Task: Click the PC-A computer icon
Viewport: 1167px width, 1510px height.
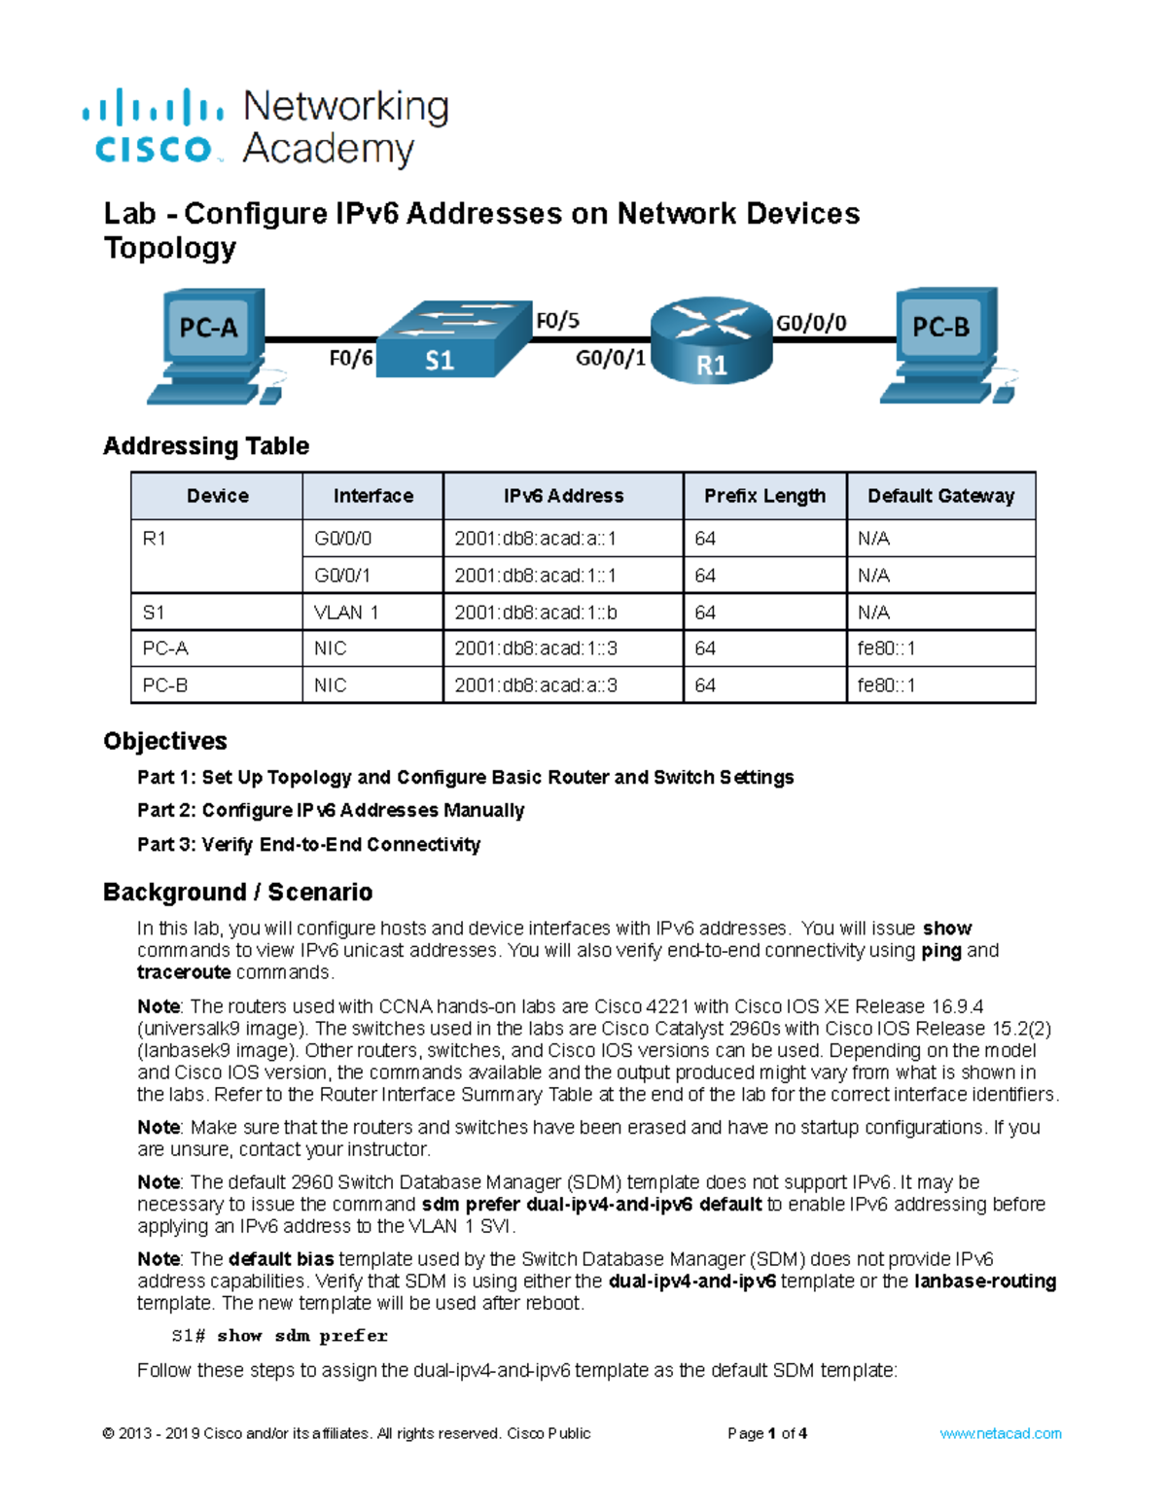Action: (208, 344)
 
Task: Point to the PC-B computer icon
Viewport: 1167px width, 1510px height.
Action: (941, 344)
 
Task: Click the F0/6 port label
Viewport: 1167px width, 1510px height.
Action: (350, 359)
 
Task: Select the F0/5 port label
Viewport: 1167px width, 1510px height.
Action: (557, 320)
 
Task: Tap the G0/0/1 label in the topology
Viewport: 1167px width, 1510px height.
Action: (611, 359)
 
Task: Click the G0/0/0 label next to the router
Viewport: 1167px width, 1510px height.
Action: (810, 323)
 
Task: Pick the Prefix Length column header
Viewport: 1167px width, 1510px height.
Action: (764, 496)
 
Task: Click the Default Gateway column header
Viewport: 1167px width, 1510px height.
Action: (940, 496)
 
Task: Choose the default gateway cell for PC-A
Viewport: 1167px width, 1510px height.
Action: (886, 649)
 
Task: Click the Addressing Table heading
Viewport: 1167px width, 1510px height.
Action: (206, 446)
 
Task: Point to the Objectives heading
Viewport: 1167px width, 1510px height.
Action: (165, 741)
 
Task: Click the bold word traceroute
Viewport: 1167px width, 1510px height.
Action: (184, 972)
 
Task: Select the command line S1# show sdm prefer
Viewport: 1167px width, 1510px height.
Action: (279, 1336)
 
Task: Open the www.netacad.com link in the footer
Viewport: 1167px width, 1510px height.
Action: (1000, 1433)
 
